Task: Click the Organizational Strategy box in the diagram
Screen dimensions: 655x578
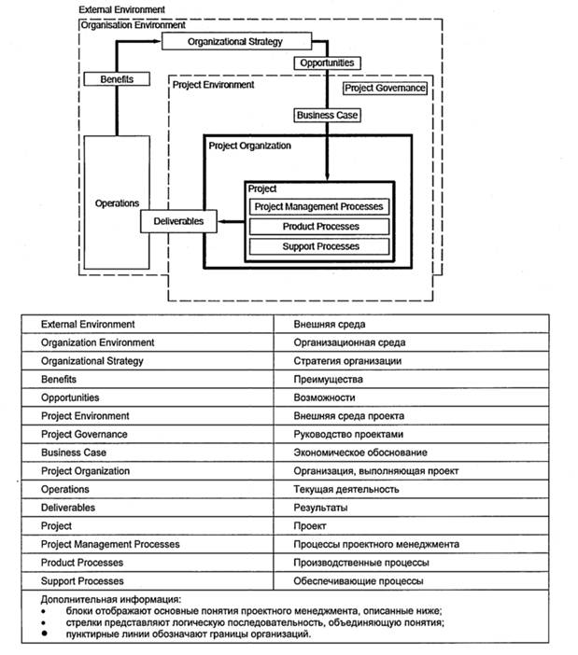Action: tap(234, 42)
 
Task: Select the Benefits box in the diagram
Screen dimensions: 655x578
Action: tap(116, 80)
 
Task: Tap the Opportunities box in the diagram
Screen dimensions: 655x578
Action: tap(326, 63)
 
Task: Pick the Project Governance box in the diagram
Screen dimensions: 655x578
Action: tap(385, 88)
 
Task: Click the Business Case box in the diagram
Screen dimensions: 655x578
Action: tap(327, 116)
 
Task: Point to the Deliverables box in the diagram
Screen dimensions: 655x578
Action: tap(178, 221)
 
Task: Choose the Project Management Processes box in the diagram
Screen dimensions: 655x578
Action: tap(318, 207)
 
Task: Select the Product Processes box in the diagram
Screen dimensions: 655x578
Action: tap(318, 227)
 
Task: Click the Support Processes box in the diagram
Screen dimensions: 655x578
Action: tap(318, 247)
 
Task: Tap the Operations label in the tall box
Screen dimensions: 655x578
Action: tap(117, 203)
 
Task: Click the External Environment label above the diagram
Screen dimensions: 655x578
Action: tap(122, 9)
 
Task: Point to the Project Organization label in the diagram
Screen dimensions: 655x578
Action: tap(249, 146)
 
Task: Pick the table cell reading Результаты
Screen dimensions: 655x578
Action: tap(320, 508)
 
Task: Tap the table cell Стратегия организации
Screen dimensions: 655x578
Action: tap(347, 361)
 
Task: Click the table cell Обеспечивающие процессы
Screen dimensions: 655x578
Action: tap(358, 581)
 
